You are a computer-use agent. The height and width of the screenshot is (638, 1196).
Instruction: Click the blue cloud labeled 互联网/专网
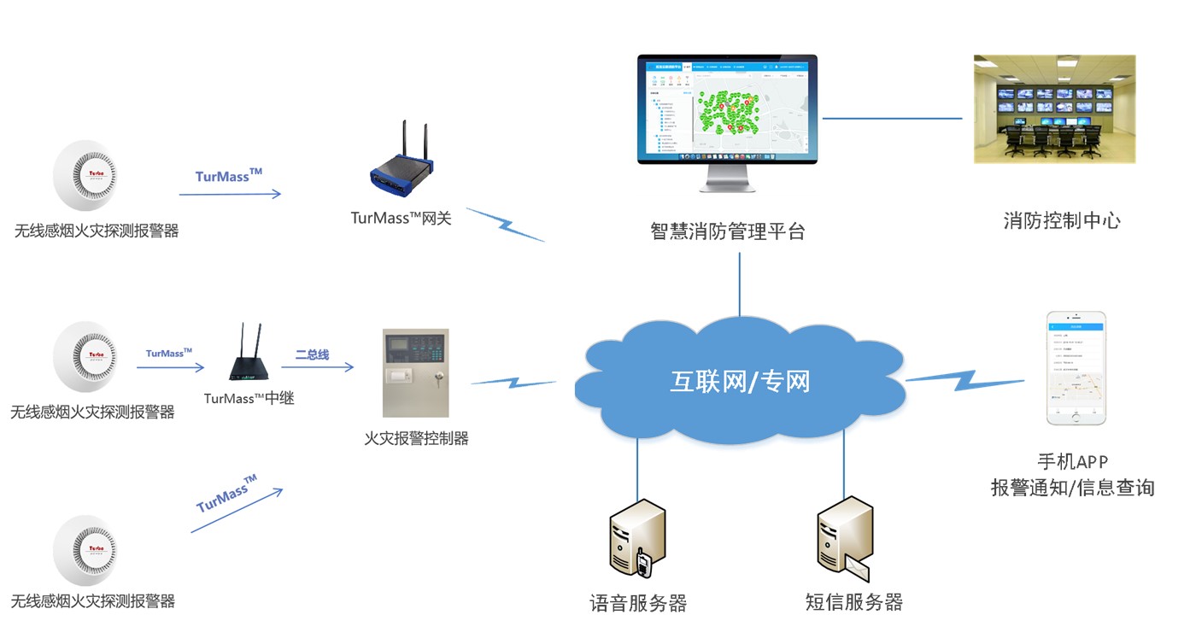tap(740, 380)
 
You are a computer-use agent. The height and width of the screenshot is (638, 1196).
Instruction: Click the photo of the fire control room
tap(1055, 109)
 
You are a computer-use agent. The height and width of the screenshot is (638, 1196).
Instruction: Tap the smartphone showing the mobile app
tap(1076, 367)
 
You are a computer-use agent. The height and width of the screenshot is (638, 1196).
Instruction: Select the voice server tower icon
tap(637, 538)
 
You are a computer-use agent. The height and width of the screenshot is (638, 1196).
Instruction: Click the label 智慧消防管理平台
tap(727, 231)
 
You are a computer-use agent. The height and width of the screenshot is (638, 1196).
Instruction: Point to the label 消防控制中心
tap(1062, 221)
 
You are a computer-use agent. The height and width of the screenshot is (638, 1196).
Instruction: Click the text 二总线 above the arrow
tap(312, 354)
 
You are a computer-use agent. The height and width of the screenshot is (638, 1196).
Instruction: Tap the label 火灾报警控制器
tap(417, 439)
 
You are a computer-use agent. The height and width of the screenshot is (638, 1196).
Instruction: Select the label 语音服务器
tap(638, 603)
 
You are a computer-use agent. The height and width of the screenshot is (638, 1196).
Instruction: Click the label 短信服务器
tap(853, 602)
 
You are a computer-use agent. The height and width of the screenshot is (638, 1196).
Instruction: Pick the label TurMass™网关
tap(401, 218)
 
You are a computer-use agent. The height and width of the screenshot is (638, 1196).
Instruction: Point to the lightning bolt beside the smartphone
tap(965, 379)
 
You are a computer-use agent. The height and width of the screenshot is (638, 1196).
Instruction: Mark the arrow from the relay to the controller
tap(318, 367)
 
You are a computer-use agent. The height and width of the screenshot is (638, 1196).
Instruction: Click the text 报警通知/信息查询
tap(1073, 488)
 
